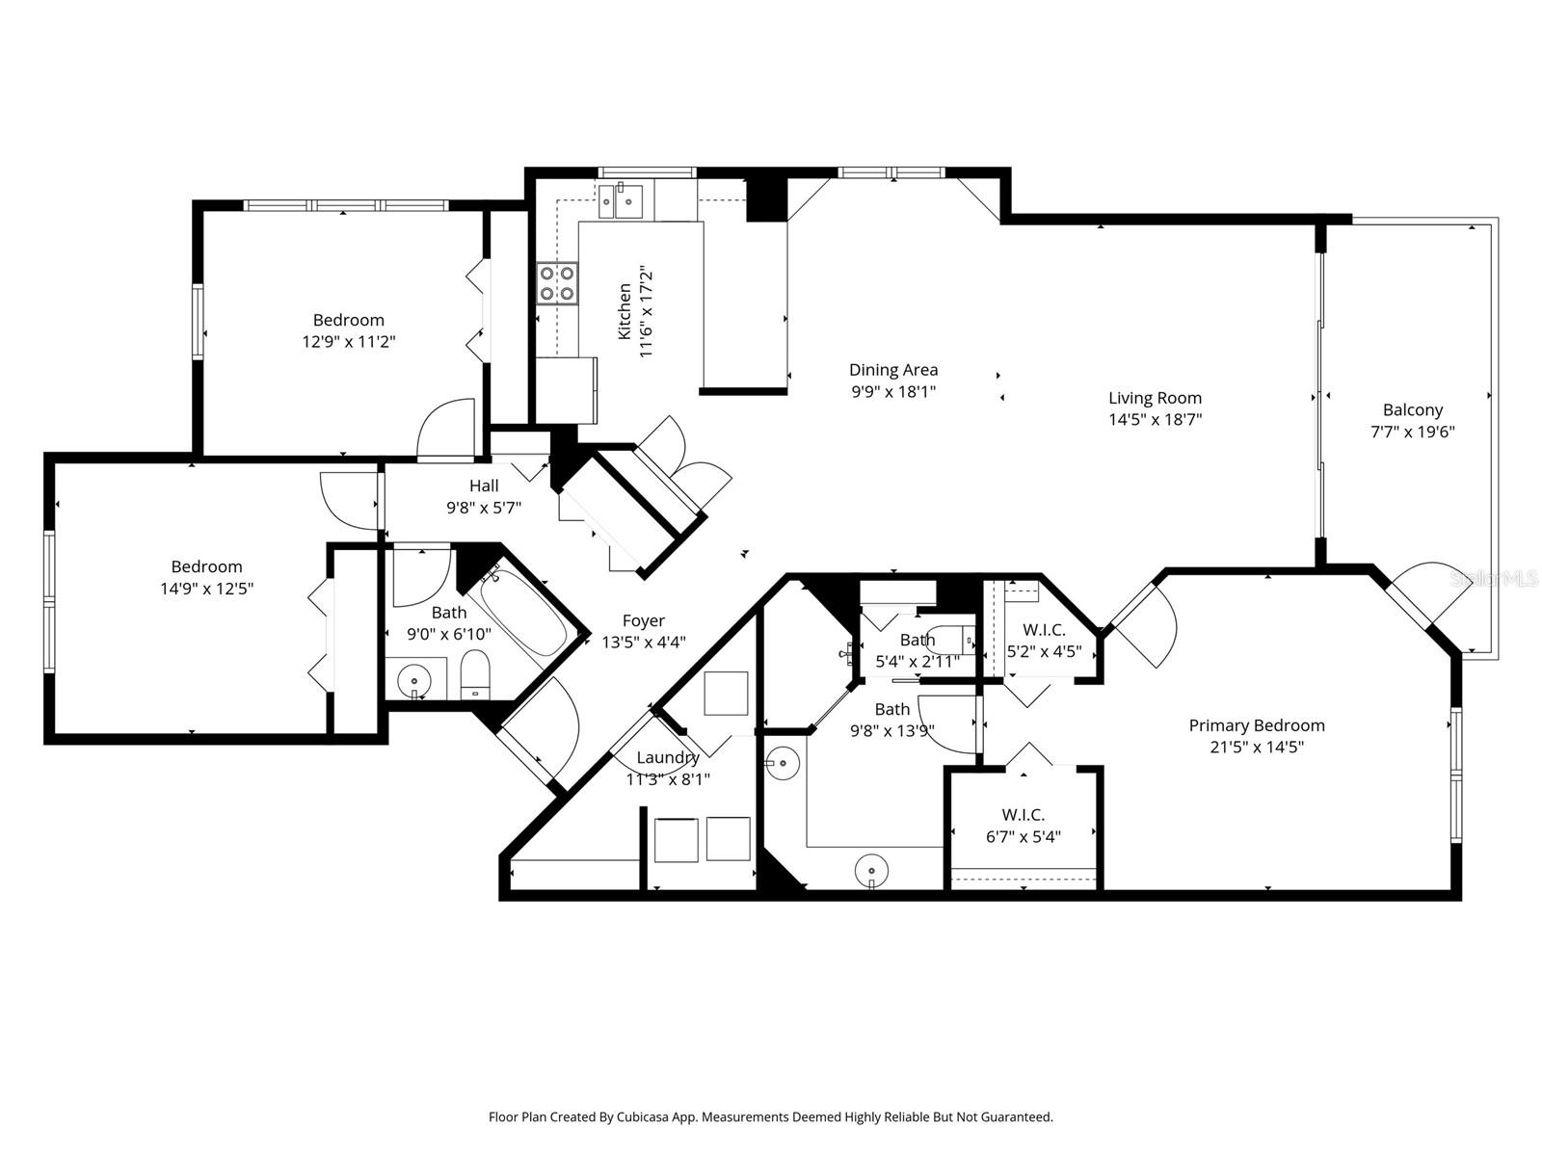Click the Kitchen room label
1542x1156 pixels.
(x=625, y=311)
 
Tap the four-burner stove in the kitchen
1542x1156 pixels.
(x=557, y=283)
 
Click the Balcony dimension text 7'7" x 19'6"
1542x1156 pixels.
(x=1412, y=432)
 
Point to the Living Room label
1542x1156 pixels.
(x=1155, y=398)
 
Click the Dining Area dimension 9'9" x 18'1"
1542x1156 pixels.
(x=893, y=391)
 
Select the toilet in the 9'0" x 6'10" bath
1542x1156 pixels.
(x=474, y=673)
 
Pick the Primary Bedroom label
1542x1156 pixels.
(x=1256, y=725)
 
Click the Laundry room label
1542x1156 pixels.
(x=667, y=757)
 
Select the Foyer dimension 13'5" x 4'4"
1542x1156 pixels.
(x=643, y=643)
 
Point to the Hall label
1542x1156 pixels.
(x=484, y=486)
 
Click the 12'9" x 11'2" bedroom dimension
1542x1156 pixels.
(x=348, y=341)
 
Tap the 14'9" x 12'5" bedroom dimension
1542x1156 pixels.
(x=206, y=588)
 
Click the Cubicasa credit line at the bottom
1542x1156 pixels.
(x=770, y=1117)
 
